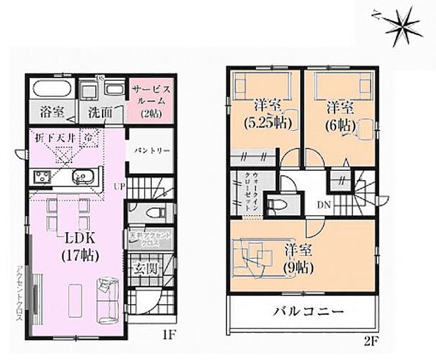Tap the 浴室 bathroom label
pos(52,112)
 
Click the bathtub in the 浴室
pos(51,90)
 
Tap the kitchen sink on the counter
pos(86,176)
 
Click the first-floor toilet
pos(153,211)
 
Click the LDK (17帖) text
pos(77,245)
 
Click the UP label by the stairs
pos(119,186)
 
